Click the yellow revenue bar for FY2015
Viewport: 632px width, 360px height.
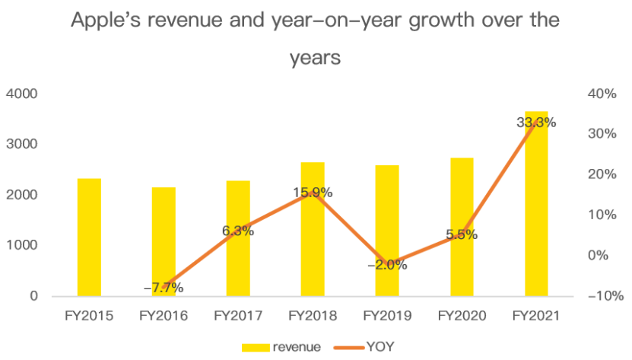pos(89,237)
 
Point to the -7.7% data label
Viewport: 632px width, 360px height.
pos(163,288)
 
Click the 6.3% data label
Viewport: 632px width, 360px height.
pos(238,231)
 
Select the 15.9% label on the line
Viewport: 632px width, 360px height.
pos(313,193)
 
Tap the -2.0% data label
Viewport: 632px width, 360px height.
pos(387,265)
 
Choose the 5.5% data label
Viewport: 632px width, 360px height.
pos(462,234)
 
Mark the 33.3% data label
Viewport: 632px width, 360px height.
pos(536,122)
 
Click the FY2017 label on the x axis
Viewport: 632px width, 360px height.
pos(238,316)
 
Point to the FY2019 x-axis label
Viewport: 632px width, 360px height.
pos(387,316)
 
